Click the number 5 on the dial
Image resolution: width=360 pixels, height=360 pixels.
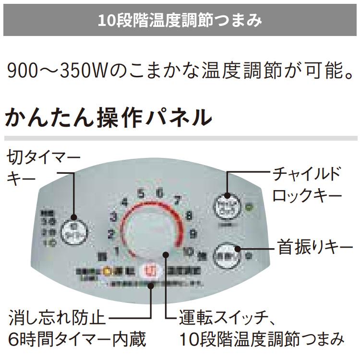click(141, 194)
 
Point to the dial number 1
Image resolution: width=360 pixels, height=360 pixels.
click(117, 250)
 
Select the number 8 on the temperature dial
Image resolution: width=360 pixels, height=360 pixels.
click(189, 216)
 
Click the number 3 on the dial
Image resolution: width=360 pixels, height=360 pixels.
click(114, 216)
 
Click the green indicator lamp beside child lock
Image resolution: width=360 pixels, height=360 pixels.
click(249, 208)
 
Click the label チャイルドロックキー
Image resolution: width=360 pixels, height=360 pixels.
click(307, 184)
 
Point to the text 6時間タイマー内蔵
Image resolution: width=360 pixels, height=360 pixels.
click(77, 339)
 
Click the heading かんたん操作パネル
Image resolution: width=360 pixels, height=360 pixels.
click(108, 117)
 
